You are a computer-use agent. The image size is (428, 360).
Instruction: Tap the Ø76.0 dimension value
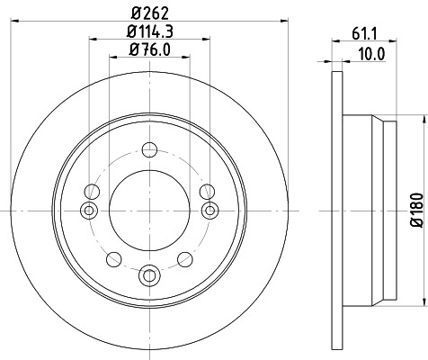click(150, 50)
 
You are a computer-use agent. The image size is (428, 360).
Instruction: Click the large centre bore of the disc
click(148, 210)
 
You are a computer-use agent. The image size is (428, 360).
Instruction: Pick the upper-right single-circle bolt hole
click(207, 191)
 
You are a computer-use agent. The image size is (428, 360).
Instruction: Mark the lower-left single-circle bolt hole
click(112, 259)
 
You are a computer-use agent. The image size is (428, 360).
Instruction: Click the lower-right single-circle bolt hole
click(184, 259)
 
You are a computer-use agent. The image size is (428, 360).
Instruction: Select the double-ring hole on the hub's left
click(87, 210)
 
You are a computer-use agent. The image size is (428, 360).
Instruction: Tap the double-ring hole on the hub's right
click(210, 210)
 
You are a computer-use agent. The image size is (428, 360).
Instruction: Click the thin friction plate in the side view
click(338, 209)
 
